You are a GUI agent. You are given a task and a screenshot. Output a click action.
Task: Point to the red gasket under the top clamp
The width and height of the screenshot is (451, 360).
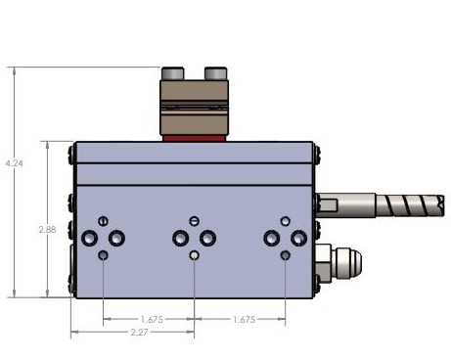tap(194, 137)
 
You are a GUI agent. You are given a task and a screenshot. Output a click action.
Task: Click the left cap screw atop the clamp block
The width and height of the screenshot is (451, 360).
tap(175, 72)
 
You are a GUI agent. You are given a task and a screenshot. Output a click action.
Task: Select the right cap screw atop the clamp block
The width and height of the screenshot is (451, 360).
tap(215, 72)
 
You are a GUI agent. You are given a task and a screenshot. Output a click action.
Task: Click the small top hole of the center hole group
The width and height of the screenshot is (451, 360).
tap(195, 220)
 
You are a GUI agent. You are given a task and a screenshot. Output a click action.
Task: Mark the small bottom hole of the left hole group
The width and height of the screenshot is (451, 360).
tap(105, 255)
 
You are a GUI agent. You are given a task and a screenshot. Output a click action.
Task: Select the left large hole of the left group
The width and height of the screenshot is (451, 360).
tap(91, 239)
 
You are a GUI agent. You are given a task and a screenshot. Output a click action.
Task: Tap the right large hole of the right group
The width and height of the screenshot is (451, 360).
tap(298, 239)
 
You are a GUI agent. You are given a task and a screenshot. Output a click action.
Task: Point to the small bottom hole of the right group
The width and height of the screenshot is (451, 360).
tap(285, 255)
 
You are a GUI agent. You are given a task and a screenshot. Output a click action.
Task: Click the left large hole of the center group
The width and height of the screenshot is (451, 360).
tap(180, 239)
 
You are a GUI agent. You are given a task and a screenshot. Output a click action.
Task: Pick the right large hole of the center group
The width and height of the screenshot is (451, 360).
tap(207, 239)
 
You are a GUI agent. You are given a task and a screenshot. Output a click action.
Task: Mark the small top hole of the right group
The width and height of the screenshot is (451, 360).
tap(285, 221)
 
